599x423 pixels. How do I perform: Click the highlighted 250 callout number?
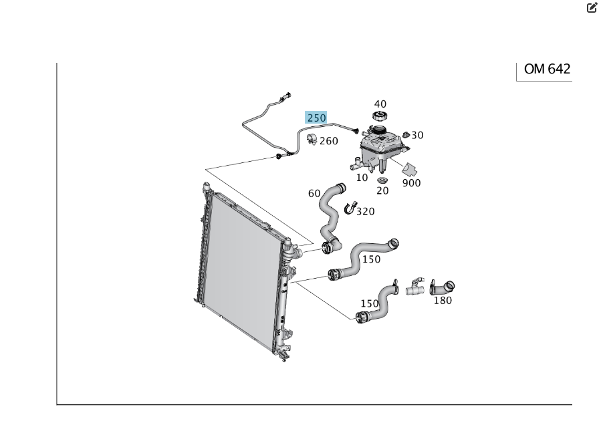pos(316,118)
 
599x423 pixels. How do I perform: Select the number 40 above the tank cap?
pos(380,104)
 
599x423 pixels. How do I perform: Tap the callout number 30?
pos(417,135)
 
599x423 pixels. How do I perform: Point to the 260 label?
pos(329,141)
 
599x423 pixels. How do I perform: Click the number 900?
pos(412,182)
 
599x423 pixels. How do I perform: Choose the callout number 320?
pos(365,212)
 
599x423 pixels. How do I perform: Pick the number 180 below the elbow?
pos(443,300)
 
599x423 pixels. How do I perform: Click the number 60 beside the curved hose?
pos(314,193)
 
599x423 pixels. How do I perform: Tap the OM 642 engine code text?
pos(548,69)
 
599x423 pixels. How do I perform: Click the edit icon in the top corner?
pos(591,8)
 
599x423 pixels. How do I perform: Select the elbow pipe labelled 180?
pos(442,287)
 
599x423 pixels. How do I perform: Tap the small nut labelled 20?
pos(382,180)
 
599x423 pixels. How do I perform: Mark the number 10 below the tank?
pos(362,178)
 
